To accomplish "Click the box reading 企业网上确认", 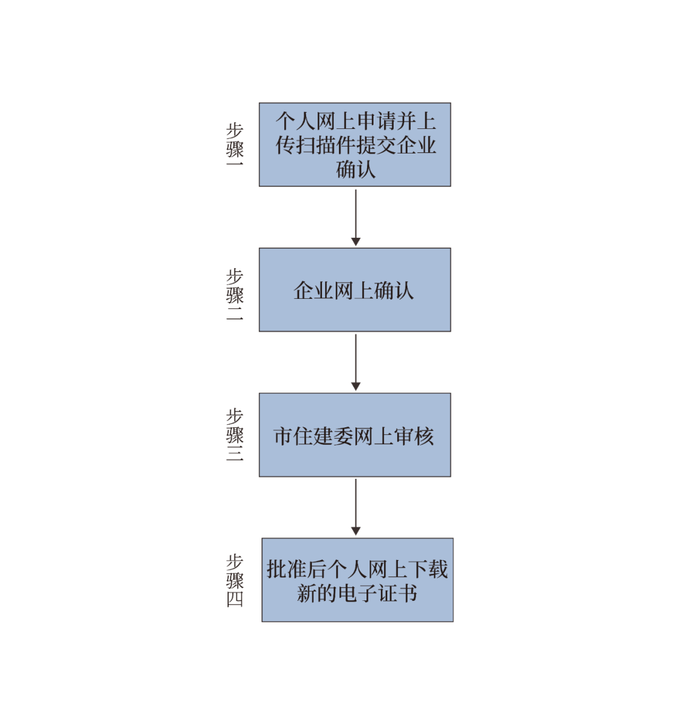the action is coord(355,289).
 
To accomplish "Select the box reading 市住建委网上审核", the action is coord(355,435).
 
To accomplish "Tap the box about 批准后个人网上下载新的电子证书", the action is coord(358,580).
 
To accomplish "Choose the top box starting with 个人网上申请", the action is coord(355,144).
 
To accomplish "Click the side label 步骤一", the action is coord(235,144).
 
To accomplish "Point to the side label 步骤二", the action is coord(235,294).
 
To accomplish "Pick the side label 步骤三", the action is coord(235,435).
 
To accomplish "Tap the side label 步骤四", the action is coord(235,580).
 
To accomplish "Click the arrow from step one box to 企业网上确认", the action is coord(356,217).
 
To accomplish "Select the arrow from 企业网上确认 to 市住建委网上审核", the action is coord(356,362).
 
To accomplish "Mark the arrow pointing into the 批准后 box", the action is coord(356,507).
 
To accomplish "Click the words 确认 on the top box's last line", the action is coord(356,169).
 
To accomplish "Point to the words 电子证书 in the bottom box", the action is coord(377,593).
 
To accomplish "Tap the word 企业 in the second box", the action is coord(314,291).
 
